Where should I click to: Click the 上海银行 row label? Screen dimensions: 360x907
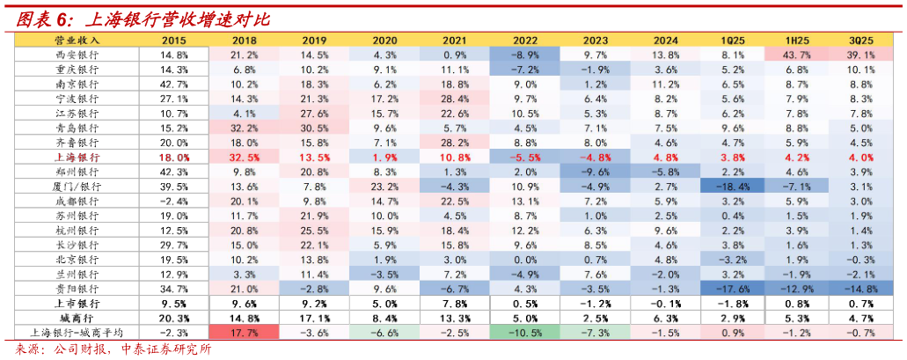77,158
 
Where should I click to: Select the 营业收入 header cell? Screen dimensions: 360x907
77,40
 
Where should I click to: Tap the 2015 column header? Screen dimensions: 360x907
174,40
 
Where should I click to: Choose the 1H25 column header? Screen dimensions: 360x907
797,40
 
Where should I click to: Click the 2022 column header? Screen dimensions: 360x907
525,40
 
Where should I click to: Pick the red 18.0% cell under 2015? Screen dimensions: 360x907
174,158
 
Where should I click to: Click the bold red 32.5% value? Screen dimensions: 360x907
244,158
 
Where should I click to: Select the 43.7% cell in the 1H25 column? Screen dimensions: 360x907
797,55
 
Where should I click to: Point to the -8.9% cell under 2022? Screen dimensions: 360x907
525,55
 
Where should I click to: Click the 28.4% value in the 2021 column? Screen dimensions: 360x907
455,99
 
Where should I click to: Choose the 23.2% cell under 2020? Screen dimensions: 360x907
384,187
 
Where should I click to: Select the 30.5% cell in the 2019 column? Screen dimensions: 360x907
315,128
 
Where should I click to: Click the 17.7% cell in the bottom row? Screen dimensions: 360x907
244,333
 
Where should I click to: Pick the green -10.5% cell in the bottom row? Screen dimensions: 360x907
525,333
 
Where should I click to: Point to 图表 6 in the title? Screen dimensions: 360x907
39,18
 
